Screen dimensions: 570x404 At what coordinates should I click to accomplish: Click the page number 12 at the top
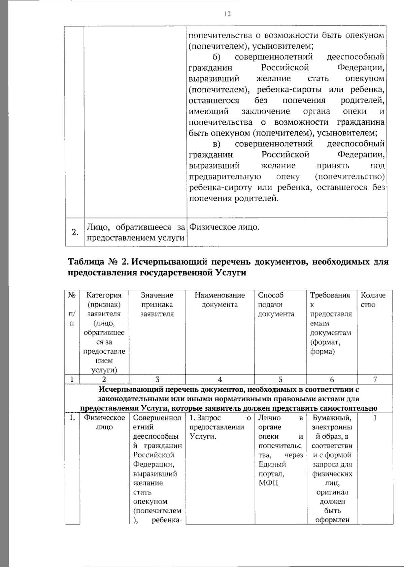pos(227,14)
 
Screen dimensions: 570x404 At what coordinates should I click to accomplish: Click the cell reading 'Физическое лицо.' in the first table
pos(224,227)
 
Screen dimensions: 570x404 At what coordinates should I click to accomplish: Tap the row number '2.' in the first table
pos(75,232)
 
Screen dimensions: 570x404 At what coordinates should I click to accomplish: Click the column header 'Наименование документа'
pos(220,300)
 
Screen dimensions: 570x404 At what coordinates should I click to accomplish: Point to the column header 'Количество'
pos(373,300)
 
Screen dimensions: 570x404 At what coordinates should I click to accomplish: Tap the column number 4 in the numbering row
pos(220,379)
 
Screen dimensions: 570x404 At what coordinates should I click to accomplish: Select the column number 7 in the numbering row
pos(375,379)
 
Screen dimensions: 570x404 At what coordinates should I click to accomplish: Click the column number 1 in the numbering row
pos(72,379)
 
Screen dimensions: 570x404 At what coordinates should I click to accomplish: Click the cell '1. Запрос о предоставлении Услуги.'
pos(220,427)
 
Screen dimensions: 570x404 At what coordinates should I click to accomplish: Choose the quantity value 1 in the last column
pos(375,418)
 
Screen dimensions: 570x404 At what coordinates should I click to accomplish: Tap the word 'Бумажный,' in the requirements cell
pos(332,418)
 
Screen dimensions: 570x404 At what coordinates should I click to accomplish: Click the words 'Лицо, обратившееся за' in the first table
pos(136,227)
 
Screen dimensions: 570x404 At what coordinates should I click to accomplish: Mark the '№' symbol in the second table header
pos(71,295)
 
